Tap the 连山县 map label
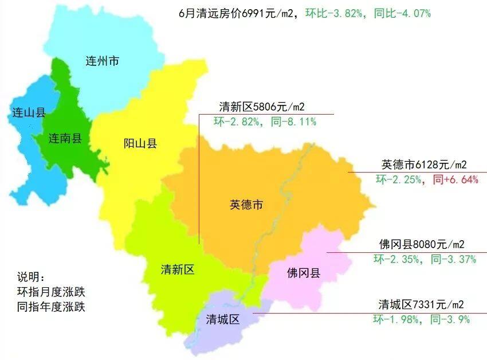pos(29,112)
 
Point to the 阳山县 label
pos(140,144)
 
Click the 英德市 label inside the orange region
pos(246,205)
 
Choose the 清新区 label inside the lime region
pos(178,270)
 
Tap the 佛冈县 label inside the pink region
pos(304,273)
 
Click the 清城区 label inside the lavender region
pos(222,320)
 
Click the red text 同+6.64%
pos(455,179)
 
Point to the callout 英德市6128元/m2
pos(424,165)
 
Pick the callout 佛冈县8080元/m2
pos(422,244)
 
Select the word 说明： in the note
pos(34,276)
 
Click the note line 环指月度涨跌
pos(51,291)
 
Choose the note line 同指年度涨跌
pos(51,307)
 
